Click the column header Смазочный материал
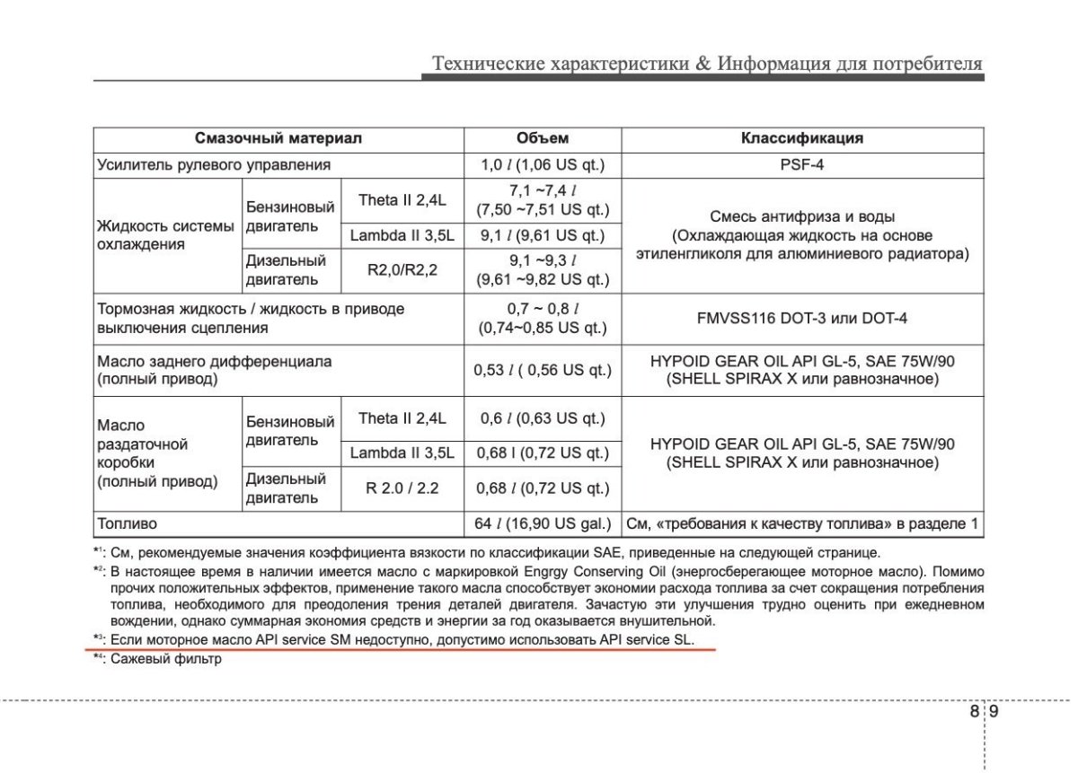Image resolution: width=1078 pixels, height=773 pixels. [x=278, y=138]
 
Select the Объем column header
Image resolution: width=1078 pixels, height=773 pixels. [x=543, y=138]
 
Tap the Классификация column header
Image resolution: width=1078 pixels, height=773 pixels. [x=802, y=138]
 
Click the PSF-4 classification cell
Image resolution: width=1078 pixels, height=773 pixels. [x=802, y=165]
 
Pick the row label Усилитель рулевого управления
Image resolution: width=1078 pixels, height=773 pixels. [x=214, y=165]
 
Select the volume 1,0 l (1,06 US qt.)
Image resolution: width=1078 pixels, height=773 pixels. [x=543, y=165]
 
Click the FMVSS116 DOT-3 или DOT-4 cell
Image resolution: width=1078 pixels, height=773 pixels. [x=802, y=319]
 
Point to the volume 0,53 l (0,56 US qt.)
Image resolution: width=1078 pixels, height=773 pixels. [x=543, y=370]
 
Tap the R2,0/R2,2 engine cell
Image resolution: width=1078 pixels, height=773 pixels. [x=402, y=269]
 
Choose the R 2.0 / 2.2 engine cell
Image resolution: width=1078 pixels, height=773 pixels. [x=402, y=489]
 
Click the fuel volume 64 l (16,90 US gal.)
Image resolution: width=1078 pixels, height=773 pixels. [x=543, y=523]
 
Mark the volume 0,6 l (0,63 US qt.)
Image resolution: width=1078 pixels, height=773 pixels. [x=543, y=419]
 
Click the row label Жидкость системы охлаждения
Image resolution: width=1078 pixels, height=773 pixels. [x=165, y=235]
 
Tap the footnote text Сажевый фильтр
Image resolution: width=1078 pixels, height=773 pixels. [x=165, y=658]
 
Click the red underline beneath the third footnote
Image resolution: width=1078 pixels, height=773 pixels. [x=404, y=647]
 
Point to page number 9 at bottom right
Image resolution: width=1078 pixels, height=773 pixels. [x=994, y=712]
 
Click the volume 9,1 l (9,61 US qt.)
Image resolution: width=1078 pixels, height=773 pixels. [x=543, y=236]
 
